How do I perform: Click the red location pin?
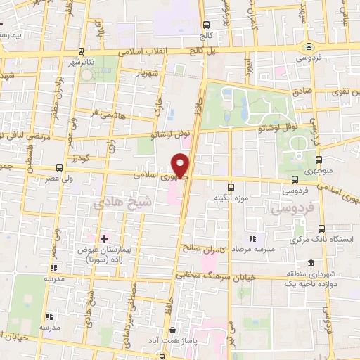pos(182,166)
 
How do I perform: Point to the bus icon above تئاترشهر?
pos(82,51)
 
